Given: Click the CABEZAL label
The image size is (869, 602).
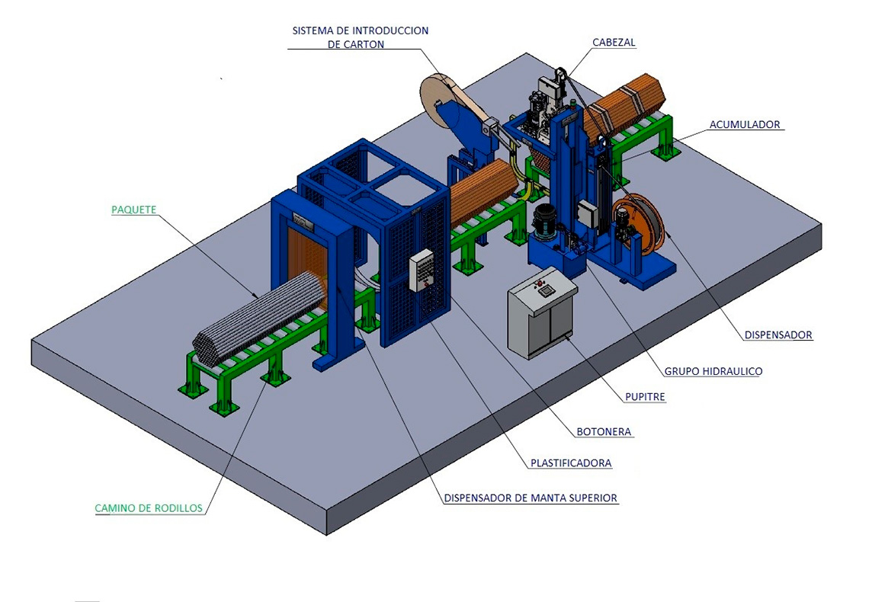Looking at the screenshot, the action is (x=614, y=42).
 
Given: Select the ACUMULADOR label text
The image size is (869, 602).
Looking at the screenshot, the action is (x=745, y=125).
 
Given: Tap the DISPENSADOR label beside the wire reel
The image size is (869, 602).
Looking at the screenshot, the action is (x=778, y=335).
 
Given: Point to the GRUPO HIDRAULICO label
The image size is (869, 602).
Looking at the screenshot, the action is (x=713, y=371).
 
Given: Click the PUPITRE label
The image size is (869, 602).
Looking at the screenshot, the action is (x=645, y=396).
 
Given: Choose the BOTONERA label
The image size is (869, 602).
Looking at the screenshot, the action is (x=604, y=431).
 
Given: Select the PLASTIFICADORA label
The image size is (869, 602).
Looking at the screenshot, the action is (x=571, y=463).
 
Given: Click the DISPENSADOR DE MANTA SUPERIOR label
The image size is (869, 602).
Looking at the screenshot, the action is (x=531, y=498).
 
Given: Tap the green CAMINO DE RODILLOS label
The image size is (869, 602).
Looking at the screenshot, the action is (x=149, y=508).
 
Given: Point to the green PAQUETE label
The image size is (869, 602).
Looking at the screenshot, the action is (x=133, y=210).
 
